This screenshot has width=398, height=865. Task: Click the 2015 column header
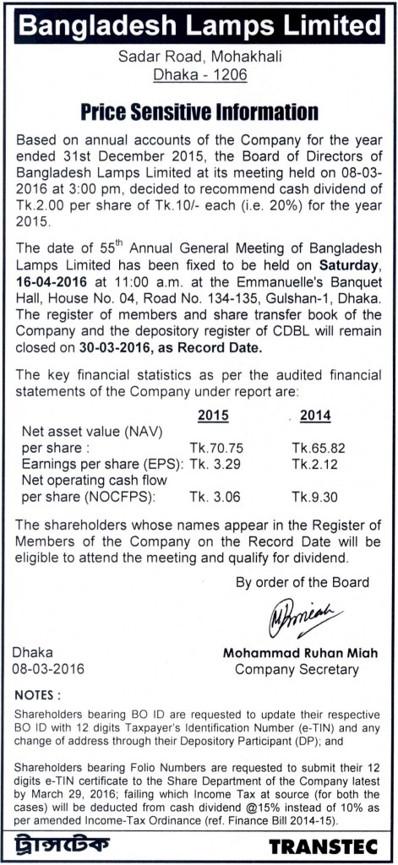click(211, 415)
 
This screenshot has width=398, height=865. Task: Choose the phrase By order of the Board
click(302, 582)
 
